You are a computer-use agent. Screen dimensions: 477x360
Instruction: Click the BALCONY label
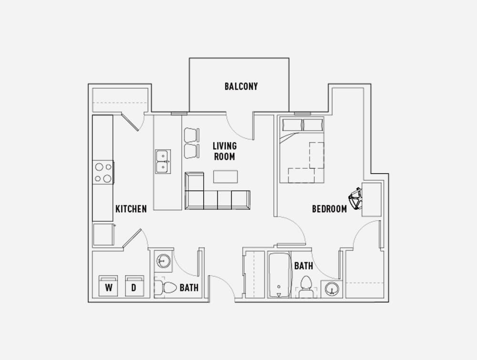coord(241,87)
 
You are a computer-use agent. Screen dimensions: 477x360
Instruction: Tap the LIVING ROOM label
coord(225,151)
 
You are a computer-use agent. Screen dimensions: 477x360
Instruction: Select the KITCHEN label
coord(131,209)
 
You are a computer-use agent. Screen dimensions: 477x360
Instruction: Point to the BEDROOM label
coord(330,209)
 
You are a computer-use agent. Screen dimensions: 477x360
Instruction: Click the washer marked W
coord(108,286)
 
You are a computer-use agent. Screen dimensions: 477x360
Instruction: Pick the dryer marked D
coord(135,286)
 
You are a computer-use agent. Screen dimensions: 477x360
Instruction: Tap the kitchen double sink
coord(163,162)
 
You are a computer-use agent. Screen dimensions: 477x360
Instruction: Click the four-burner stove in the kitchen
coord(103,172)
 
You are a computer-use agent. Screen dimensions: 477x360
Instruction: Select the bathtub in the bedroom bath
coord(279,275)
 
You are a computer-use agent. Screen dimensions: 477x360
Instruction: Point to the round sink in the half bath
coord(164,261)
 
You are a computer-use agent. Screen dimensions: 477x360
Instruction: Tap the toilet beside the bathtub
coord(306,287)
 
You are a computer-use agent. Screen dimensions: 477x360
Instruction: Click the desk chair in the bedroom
coord(355,199)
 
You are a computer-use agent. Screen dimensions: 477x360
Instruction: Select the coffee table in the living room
coord(226,176)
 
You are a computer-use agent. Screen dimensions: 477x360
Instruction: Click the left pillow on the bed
coord(292,125)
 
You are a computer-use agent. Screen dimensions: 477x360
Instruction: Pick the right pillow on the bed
coord(313,125)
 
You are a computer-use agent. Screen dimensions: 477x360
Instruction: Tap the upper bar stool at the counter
coord(192,135)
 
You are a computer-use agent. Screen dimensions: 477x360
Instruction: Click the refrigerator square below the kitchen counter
coord(104,235)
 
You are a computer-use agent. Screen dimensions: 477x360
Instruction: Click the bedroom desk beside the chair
coord(372,199)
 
